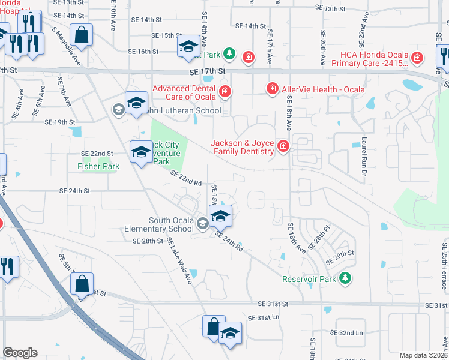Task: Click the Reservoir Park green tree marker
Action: [345, 277]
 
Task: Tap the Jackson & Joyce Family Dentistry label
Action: [242, 147]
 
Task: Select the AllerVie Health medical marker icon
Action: [272, 89]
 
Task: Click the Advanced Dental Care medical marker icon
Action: [225, 92]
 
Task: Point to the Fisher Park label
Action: [98, 166]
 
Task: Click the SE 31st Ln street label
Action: [264, 317]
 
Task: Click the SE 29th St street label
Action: [340, 259]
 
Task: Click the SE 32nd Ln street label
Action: [347, 332]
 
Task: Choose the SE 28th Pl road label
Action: [319, 239]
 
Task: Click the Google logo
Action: [20, 353]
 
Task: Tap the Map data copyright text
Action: [423, 355]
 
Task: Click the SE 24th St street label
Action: [74, 191]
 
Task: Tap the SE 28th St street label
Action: [148, 241]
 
